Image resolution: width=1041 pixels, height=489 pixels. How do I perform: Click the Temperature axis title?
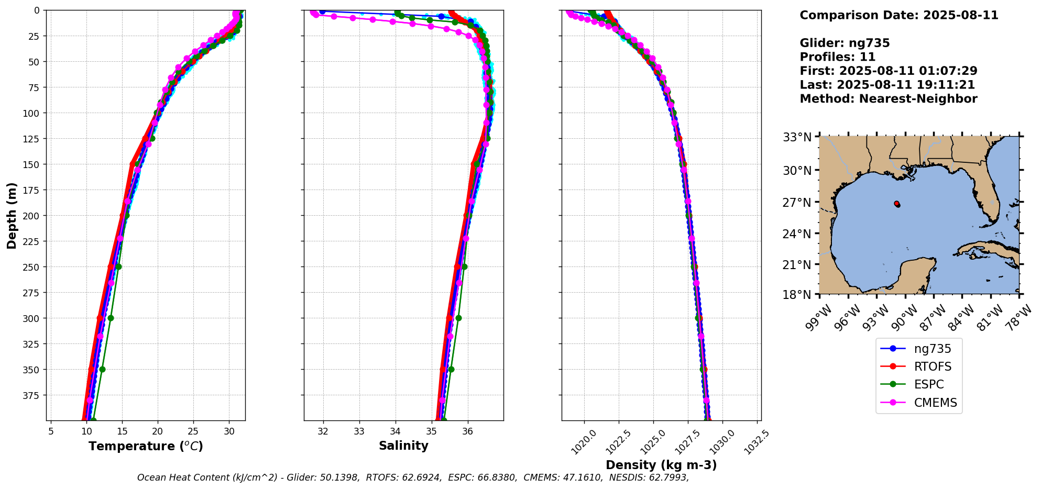click(145, 446)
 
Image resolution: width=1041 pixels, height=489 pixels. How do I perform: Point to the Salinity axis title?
click(403, 446)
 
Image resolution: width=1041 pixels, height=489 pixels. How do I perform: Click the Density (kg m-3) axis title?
click(661, 465)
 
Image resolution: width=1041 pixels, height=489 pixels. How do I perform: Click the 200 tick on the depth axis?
click(32, 216)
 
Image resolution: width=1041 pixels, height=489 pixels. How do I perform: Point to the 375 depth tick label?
click(32, 395)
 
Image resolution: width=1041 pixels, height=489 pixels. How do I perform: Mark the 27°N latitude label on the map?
click(797, 202)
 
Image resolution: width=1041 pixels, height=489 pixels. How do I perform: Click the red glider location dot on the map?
click(897, 204)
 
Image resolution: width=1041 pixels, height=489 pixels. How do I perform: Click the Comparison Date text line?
click(898, 15)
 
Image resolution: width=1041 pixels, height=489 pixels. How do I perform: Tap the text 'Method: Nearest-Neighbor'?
click(888, 99)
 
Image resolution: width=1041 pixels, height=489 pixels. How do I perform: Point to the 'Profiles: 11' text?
click(837, 57)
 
